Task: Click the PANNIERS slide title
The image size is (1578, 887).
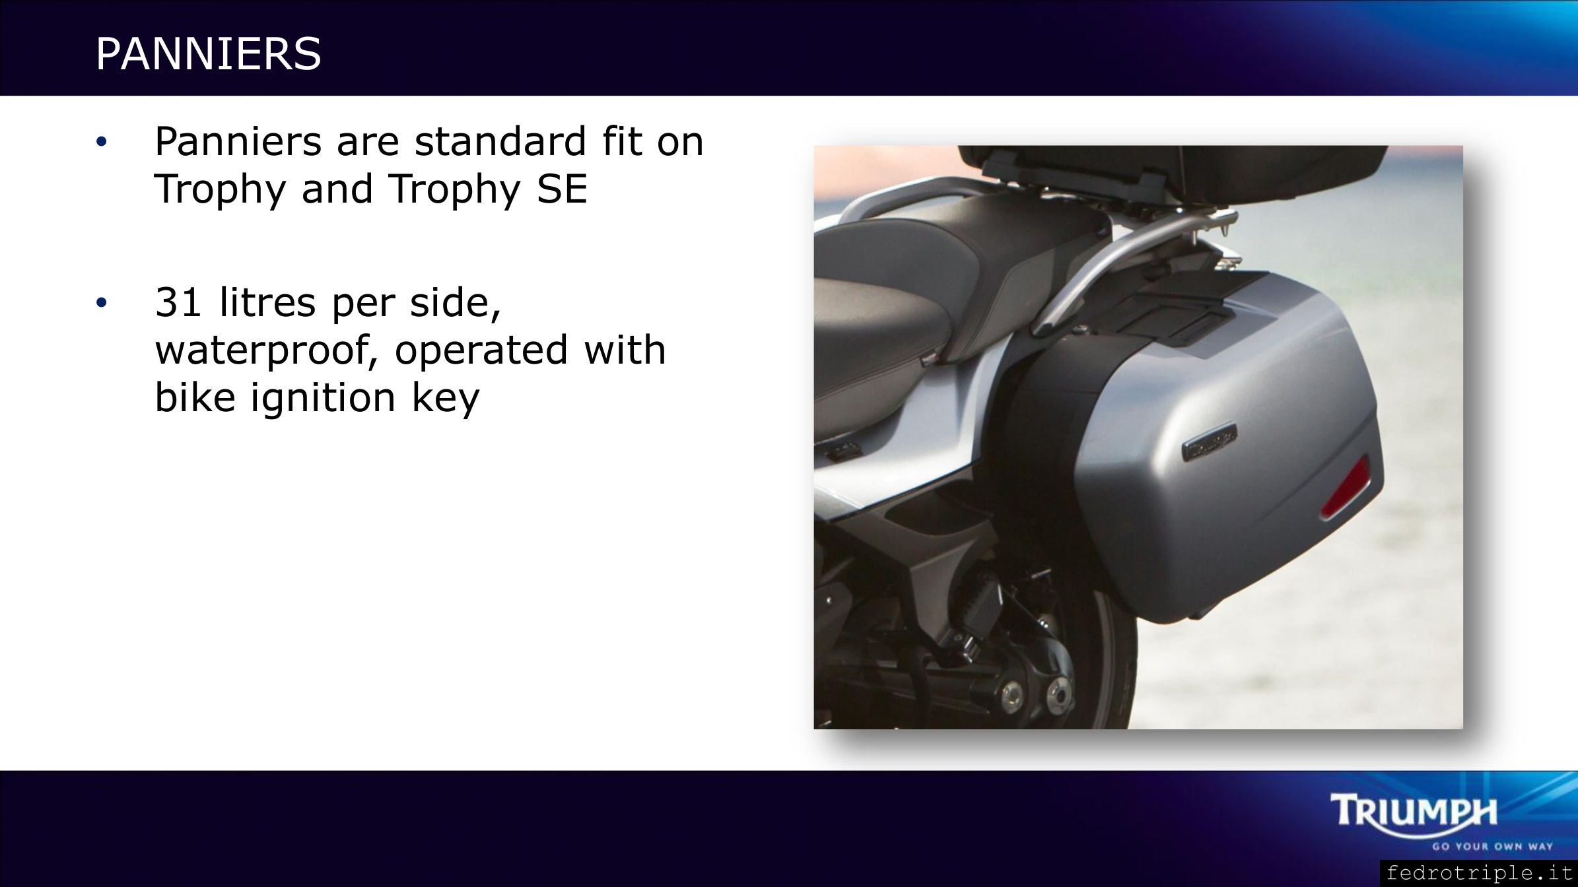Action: tap(209, 53)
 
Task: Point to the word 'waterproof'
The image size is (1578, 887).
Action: tap(267, 351)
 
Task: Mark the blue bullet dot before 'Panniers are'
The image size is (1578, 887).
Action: tap(100, 143)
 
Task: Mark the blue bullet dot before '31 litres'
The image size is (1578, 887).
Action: tap(100, 304)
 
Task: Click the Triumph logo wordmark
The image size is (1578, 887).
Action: tap(1414, 811)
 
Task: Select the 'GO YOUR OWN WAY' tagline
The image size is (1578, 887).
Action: tap(1492, 846)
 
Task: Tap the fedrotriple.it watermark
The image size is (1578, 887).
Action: tap(1479, 873)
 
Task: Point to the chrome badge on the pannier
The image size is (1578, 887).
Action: tap(1209, 443)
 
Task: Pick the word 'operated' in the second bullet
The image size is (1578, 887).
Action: tap(481, 351)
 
